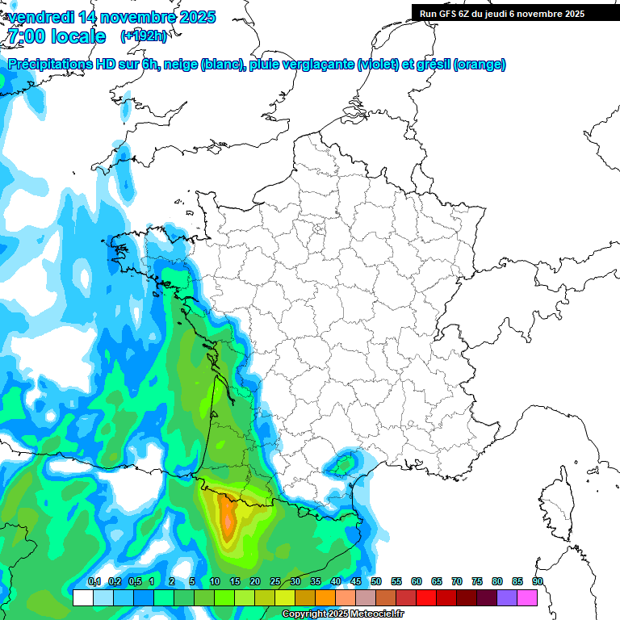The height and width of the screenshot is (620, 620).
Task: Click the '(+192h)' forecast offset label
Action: [143, 36]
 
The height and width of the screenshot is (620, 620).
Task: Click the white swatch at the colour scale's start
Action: [82, 597]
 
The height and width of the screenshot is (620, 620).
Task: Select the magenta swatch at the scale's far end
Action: [527, 597]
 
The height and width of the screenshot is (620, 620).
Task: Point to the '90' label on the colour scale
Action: [538, 582]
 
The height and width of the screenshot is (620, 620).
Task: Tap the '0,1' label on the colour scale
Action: [94, 582]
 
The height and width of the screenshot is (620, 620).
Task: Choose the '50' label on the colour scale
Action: [376, 582]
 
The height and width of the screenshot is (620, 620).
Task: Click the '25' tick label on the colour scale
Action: [275, 582]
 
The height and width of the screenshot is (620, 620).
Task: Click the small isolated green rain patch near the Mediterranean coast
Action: [342, 464]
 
